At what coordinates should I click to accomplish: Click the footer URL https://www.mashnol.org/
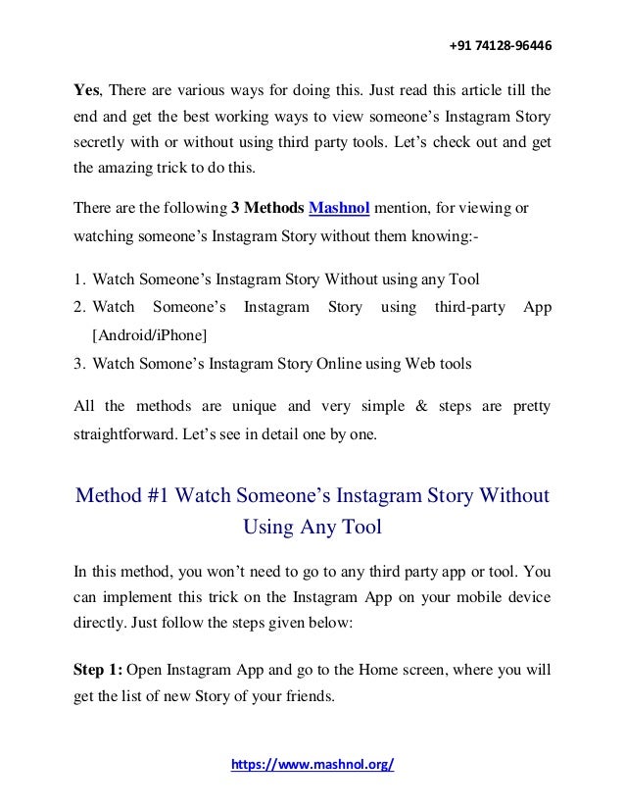(312, 763)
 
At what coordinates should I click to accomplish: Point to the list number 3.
(79, 364)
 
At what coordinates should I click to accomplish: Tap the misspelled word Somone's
(180, 364)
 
